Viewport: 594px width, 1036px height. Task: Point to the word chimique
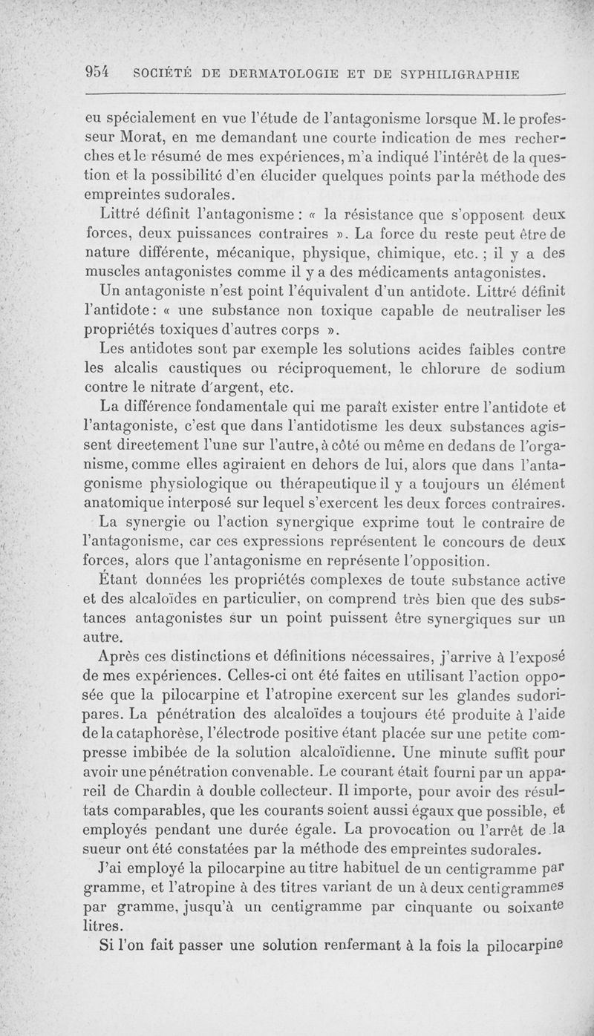pyautogui.click(x=425, y=253)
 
